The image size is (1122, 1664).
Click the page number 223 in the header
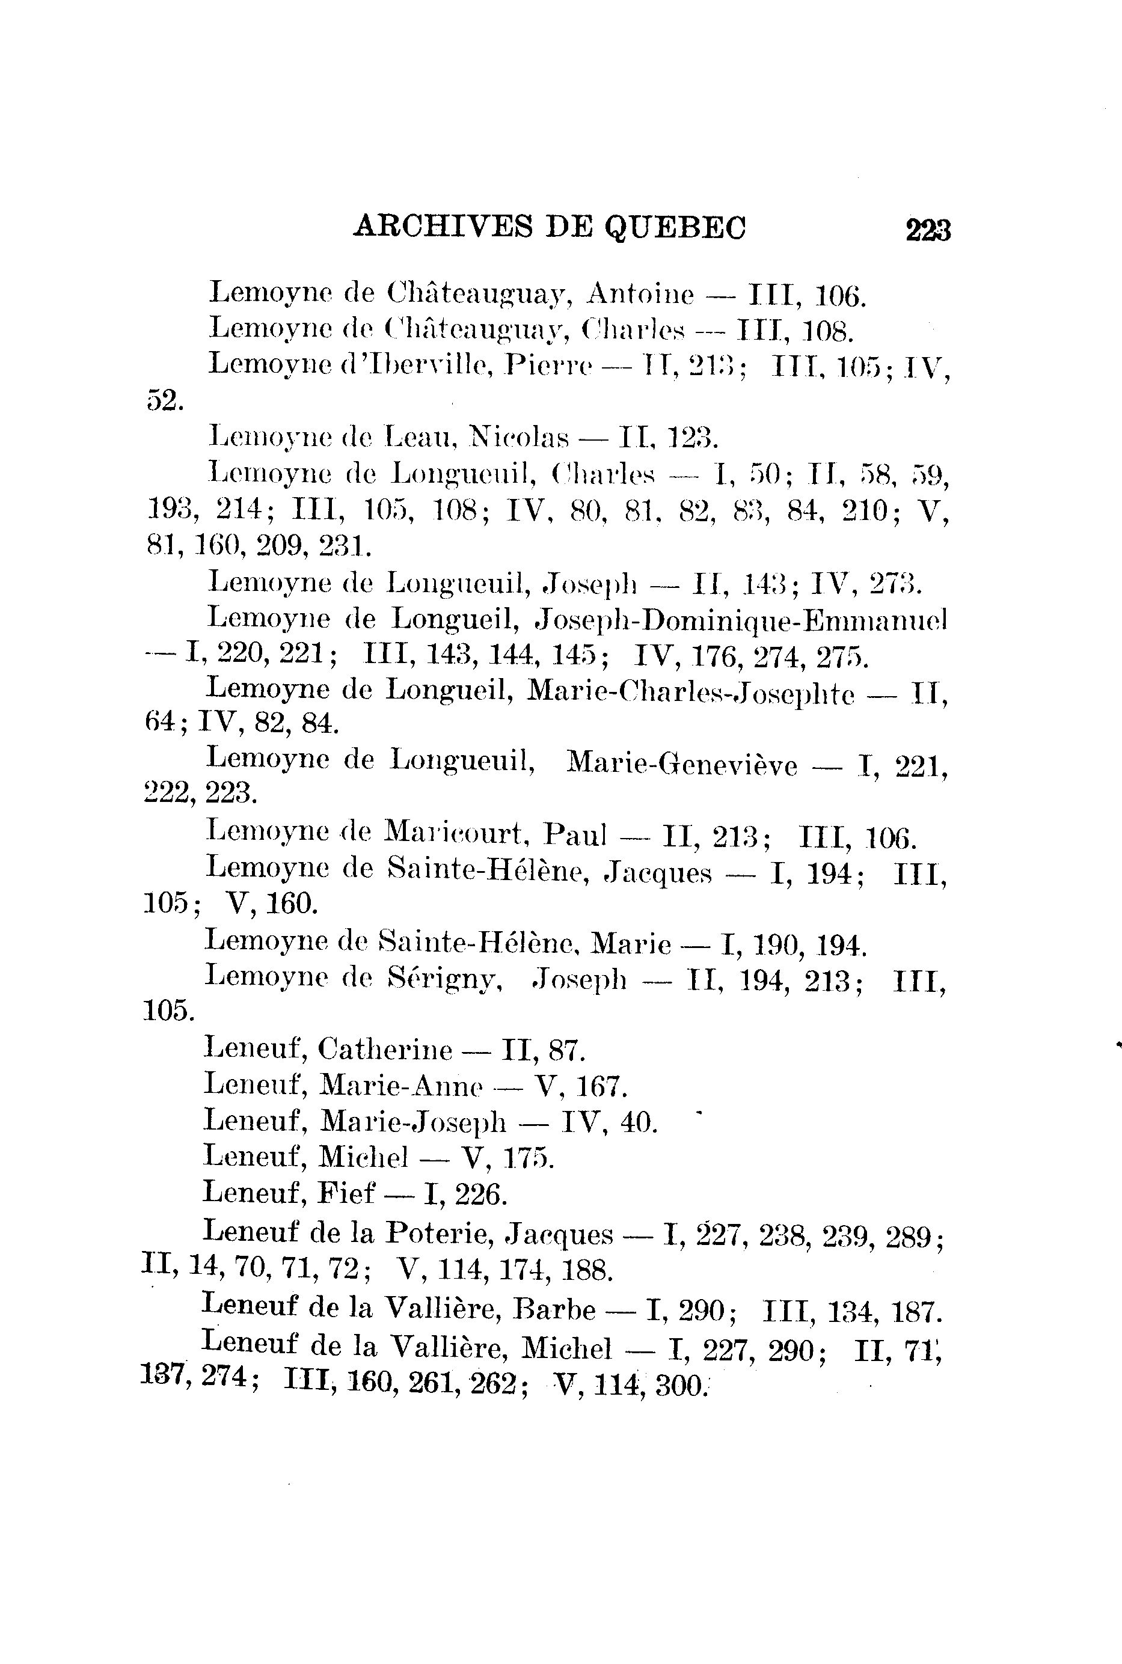(927, 231)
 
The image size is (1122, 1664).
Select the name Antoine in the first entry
(640, 294)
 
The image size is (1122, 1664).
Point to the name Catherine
(385, 1050)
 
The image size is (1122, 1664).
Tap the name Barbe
(554, 1309)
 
